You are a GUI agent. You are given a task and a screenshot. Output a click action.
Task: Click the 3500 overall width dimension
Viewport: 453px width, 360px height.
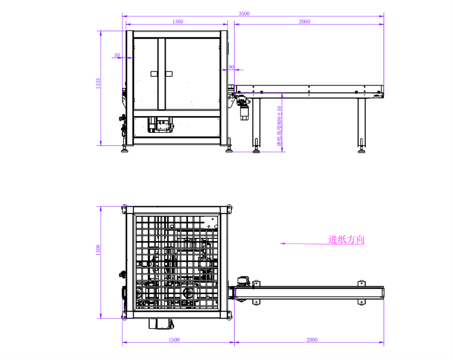pyautogui.click(x=244, y=14)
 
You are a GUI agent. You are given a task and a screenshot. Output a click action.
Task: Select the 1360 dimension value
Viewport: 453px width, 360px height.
pyautogui.click(x=178, y=22)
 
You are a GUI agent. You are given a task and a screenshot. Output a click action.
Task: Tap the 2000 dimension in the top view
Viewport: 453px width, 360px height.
pyautogui.click(x=305, y=22)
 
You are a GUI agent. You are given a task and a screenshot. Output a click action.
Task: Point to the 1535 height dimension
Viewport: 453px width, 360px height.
pyautogui.click(x=98, y=83)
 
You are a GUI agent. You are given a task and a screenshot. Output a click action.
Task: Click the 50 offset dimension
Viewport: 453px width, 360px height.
pyautogui.click(x=117, y=55)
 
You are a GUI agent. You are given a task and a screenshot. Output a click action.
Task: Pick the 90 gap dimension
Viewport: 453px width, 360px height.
pyautogui.click(x=231, y=67)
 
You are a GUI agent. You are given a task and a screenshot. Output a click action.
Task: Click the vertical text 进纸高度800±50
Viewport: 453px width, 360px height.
pyautogui.click(x=279, y=126)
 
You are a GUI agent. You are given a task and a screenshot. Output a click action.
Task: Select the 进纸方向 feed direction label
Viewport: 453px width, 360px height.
pyautogui.click(x=346, y=240)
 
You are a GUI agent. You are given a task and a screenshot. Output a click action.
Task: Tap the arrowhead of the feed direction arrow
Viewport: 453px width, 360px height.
pyautogui.click(x=282, y=244)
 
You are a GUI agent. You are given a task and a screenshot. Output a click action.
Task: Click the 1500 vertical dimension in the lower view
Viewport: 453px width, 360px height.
pyautogui.click(x=98, y=250)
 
